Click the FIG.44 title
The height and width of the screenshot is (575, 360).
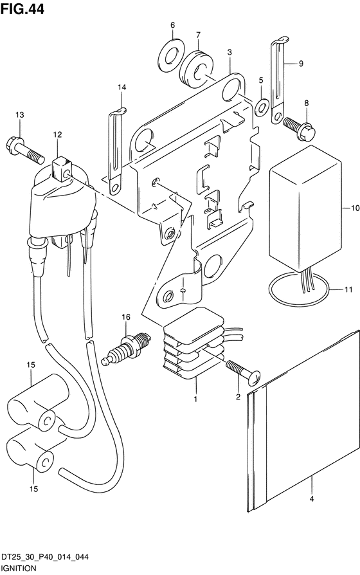tap(22, 8)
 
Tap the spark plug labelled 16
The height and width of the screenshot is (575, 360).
tap(126, 349)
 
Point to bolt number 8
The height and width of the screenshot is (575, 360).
tap(299, 129)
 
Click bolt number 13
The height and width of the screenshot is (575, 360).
tap(25, 150)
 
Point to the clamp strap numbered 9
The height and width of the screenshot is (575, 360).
tap(278, 80)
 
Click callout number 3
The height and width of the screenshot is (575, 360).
tap(230, 53)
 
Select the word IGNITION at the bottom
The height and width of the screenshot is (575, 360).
tap(19, 569)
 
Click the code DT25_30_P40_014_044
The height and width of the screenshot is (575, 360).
tap(45, 558)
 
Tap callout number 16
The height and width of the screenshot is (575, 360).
tap(126, 317)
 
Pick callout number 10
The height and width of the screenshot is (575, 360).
tap(355, 208)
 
